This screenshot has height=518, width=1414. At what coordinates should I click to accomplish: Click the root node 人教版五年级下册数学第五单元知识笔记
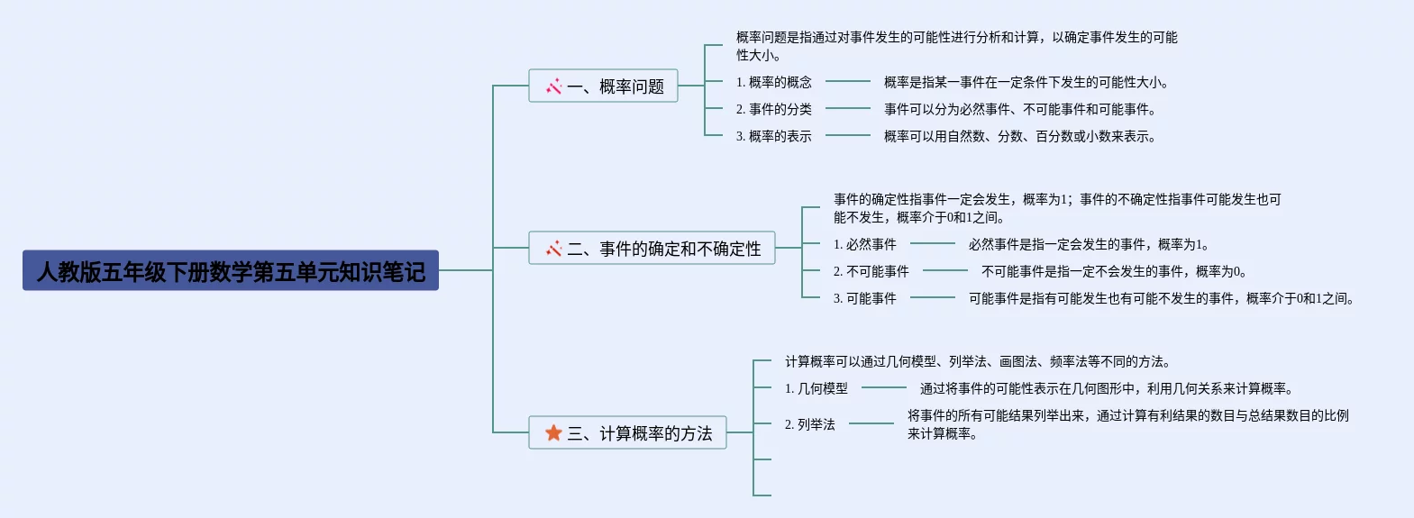pos(231,270)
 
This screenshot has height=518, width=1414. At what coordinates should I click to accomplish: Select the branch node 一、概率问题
pos(603,86)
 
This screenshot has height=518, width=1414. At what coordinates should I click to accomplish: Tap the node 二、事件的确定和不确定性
pos(652,249)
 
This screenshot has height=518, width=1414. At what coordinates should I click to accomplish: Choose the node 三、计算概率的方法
pos(627,433)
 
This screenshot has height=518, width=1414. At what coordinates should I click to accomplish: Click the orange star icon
pos(553,433)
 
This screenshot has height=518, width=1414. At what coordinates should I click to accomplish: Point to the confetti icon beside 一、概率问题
pos(553,86)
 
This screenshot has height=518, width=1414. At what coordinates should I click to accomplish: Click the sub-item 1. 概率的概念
pos(773,83)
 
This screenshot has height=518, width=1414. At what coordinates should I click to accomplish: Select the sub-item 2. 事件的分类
pos(773,110)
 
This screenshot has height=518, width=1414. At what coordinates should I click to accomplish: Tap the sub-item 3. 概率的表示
pos(773,137)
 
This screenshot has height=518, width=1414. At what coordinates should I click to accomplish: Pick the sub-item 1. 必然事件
pos(864,245)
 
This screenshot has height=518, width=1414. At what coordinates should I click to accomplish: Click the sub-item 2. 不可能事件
pos(871,272)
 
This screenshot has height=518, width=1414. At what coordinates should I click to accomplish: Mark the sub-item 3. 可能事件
pos(864,299)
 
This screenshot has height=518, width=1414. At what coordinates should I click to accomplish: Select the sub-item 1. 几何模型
pos(816,389)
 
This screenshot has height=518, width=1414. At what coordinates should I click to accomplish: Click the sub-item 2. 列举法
pos(809,425)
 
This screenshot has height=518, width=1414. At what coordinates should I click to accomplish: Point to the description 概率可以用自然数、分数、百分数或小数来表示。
pos(1019,137)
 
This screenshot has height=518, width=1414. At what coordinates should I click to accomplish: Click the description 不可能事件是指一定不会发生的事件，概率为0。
pos(1114,272)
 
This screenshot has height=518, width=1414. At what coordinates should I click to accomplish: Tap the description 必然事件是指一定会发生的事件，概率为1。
pos(1089,245)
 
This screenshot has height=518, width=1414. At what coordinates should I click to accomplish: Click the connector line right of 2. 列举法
pos(871,423)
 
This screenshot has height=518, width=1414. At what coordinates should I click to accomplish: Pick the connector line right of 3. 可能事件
pos(932,297)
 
